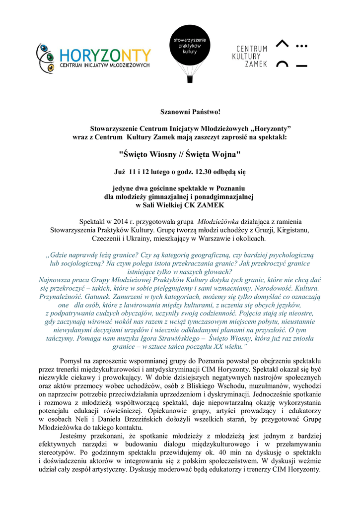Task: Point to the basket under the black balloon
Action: click(x=189, y=79)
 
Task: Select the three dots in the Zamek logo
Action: click(x=301, y=46)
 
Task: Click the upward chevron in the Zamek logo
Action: click(x=282, y=45)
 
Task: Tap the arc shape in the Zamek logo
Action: click(x=282, y=64)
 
